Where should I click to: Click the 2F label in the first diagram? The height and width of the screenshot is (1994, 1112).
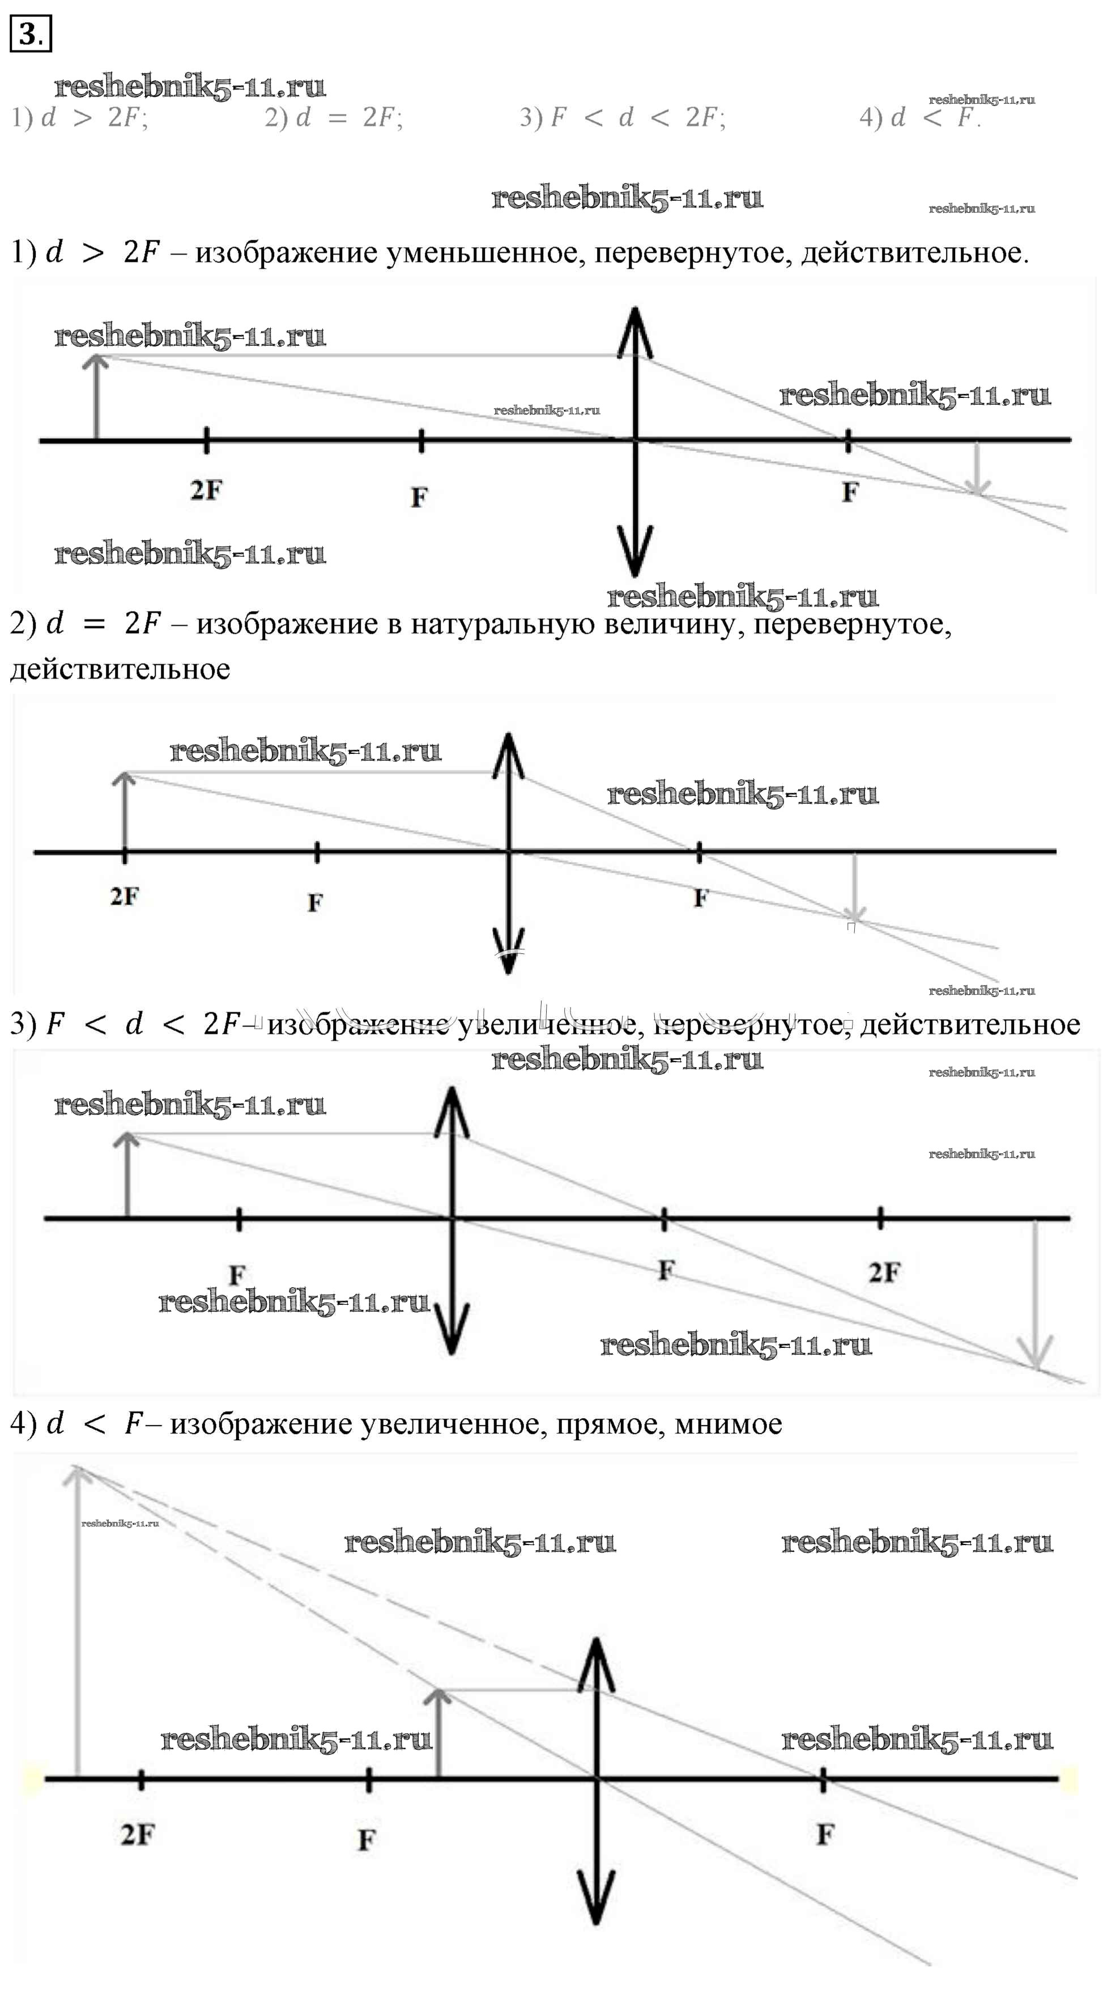(206, 490)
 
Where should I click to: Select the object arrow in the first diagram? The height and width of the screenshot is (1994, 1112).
(96, 398)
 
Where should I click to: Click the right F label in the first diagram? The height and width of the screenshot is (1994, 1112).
(850, 491)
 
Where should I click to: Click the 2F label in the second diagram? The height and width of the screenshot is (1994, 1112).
(124, 896)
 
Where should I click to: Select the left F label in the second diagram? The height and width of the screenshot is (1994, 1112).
(314, 902)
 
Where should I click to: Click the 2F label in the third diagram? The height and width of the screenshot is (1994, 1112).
(884, 1272)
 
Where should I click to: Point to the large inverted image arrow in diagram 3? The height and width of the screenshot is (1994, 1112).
(1036, 1293)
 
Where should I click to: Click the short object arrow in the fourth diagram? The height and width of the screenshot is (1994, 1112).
(438, 1734)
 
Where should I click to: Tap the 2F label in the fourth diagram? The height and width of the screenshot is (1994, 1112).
(138, 1834)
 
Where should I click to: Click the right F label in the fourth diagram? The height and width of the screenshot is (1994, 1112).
(825, 1834)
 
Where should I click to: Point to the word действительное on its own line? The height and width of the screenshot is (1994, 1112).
(120, 669)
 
